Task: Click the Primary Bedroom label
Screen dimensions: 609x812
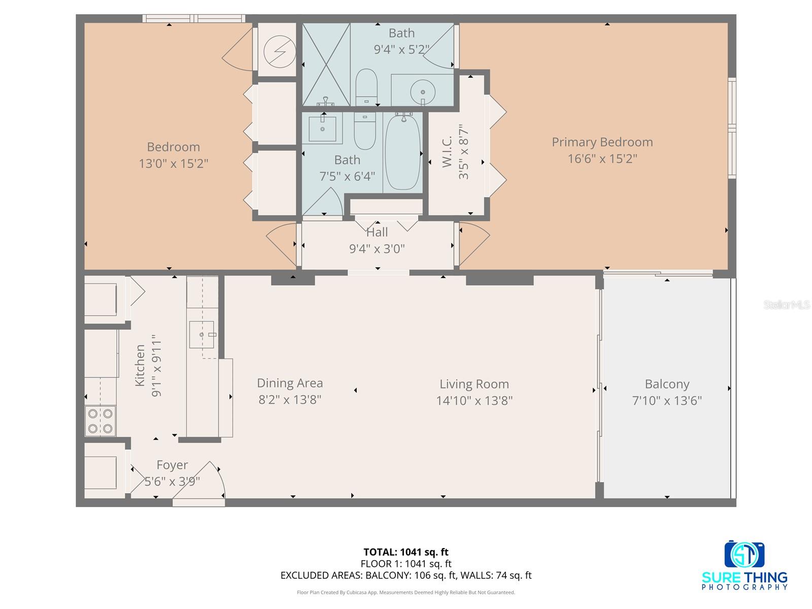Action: click(x=602, y=142)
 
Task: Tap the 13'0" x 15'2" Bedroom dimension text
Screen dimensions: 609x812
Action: click(x=174, y=164)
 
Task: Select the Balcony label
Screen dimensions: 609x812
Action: click(x=666, y=384)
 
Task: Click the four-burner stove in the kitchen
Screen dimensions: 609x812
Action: click(x=100, y=421)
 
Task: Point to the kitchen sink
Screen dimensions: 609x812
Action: click(x=201, y=334)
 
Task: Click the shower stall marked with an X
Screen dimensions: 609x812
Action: click(x=326, y=64)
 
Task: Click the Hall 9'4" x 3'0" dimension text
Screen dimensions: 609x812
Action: click(x=377, y=249)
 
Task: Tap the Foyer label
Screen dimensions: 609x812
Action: click(x=172, y=465)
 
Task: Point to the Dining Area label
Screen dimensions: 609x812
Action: click(x=290, y=383)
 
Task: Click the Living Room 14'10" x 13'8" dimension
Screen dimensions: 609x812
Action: click(x=474, y=401)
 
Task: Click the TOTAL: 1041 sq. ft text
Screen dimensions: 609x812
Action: click(x=405, y=552)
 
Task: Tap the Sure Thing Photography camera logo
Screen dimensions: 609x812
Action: click(x=745, y=554)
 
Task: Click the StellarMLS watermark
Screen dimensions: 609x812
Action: click(x=787, y=305)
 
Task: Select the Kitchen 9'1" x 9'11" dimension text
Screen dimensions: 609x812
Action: click(x=156, y=365)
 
